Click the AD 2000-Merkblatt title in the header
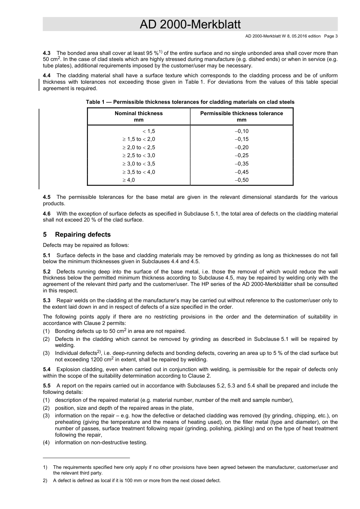[190, 25]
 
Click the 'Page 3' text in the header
[330, 36]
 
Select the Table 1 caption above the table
[190, 102]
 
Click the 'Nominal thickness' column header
[139, 113]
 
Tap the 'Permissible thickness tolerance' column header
[241, 113]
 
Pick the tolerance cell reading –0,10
[241, 131]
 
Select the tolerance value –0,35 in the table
[241, 164]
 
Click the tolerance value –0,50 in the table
[241, 180]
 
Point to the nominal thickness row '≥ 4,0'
[128, 180]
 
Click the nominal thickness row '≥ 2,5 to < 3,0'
[139, 155]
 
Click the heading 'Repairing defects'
[83, 234]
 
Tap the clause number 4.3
[47, 53]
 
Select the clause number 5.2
[47, 272]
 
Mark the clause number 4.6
[47, 214]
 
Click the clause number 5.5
[47, 386]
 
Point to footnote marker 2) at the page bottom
[45, 481]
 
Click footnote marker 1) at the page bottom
[45, 467]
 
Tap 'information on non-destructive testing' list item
[101, 442]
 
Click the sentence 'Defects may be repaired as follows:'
[86, 245]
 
